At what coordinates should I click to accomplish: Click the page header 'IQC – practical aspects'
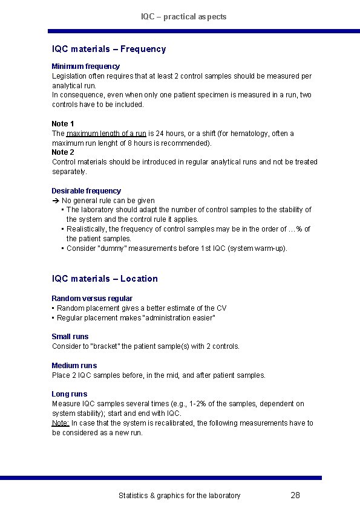pyautogui.click(x=184, y=17)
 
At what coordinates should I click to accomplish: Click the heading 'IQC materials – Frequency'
pyautogui.click(x=109, y=49)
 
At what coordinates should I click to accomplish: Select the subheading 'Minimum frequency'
pyautogui.click(x=85, y=66)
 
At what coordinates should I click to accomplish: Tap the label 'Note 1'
pyautogui.click(x=63, y=124)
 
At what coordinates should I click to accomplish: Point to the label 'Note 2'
pyautogui.click(x=63, y=152)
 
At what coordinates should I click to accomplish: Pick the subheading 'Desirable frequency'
pyautogui.click(x=86, y=191)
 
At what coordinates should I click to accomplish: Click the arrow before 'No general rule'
pyautogui.click(x=55, y=201)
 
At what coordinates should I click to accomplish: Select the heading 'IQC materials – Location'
pyautogui.click(x=105, y=279)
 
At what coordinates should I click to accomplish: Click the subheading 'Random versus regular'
pyautogui.click(x=92, y=299)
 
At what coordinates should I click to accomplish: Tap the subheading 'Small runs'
pyautogui.click(x=70, y=337)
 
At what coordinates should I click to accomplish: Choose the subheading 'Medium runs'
pyautogui.click(x=74, y=366)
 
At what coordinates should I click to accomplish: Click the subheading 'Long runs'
pyautogui.click(x=69, y=394)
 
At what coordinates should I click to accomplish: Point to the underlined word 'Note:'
pyautogui.click(x=61, y=423)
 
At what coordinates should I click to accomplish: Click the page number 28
pyautogui.click(x=295, y=496)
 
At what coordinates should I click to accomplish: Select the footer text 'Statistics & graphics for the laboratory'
pyautogui.click(x=179, y=496)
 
